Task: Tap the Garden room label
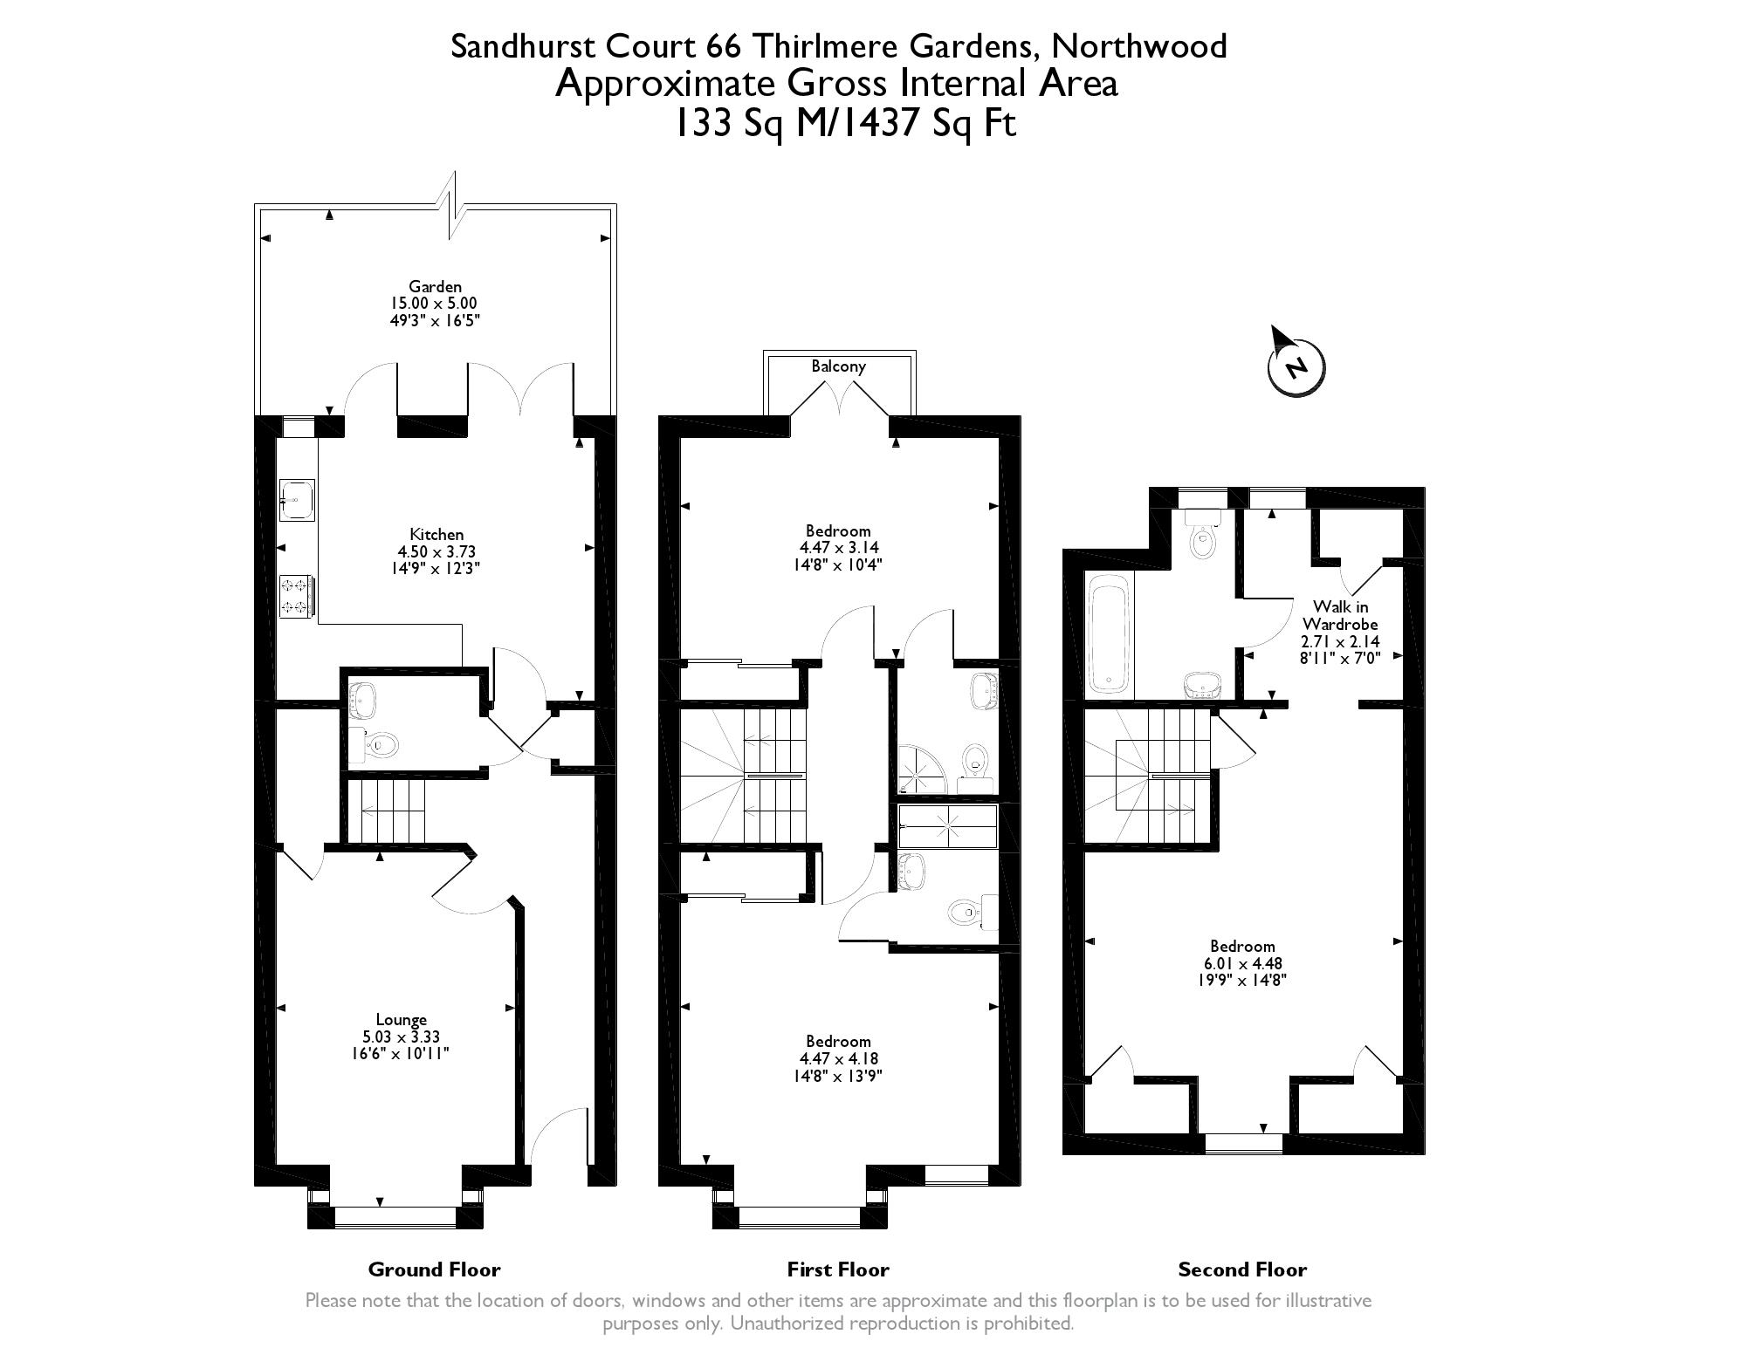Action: pos(435,286)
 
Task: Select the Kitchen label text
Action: pos(436,534)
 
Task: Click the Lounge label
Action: pos(402,1019)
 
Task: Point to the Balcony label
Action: pos(838,366)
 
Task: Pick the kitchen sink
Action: pos(297,500)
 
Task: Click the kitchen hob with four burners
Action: pos(296,596)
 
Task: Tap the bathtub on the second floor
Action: pos(1109,635)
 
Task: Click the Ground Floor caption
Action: pos(434,1269)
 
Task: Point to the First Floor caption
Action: pos(838,1269)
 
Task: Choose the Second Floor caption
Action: pos(1242,1269)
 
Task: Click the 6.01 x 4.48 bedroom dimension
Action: pos(1242,963)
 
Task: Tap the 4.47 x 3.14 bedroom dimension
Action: pos(839,548)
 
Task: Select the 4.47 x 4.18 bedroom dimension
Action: pos(839,1058)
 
